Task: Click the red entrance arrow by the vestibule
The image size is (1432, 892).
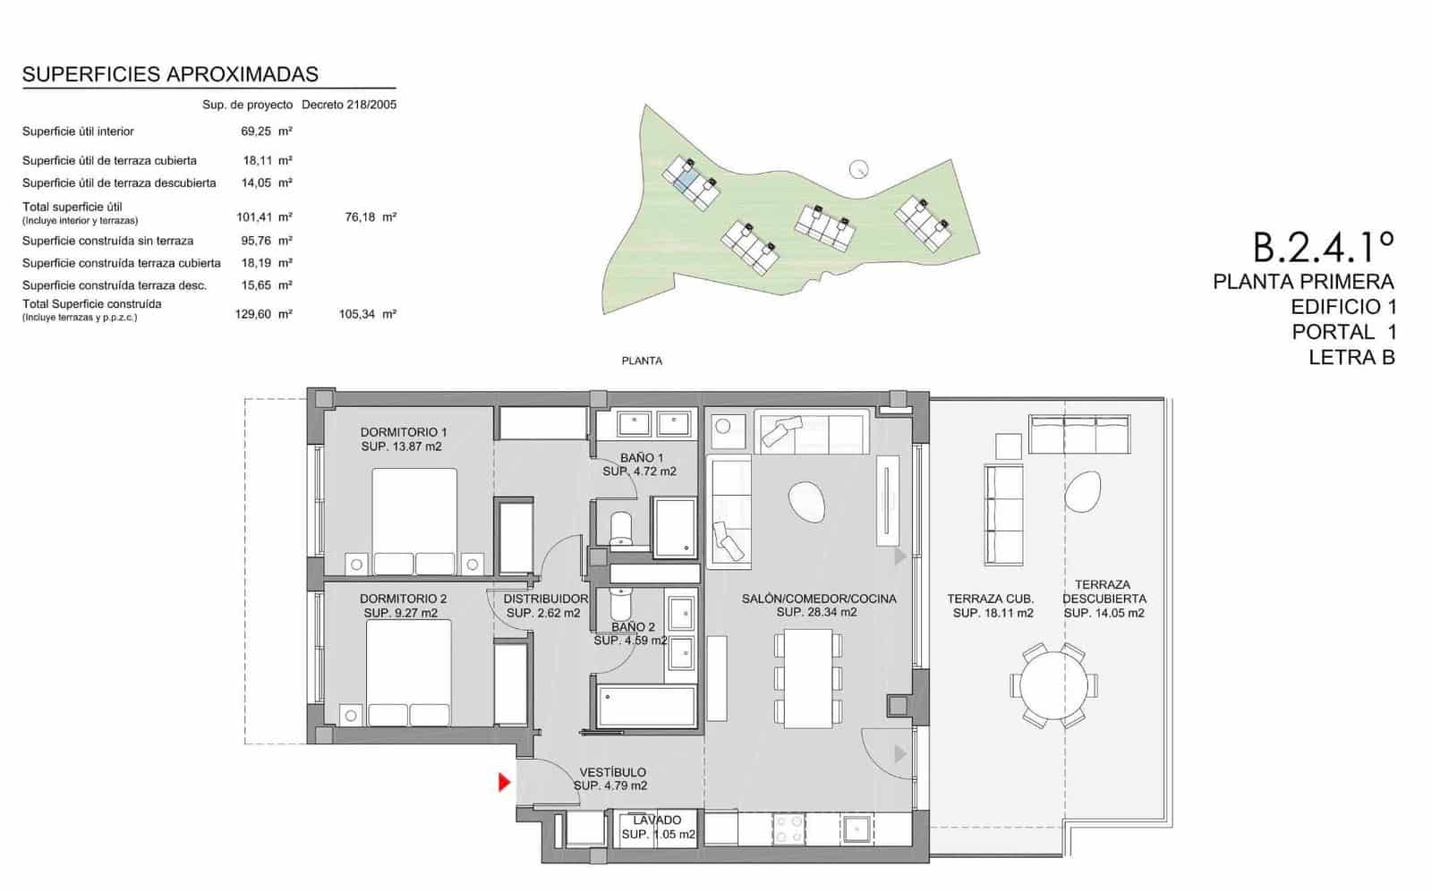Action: pyautogui.click(x=505, y=782)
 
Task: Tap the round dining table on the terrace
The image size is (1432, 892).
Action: pyautogui.click(x=1053, y=685)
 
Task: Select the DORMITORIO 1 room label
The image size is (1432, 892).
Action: pyautogui.click(x=404, y=433)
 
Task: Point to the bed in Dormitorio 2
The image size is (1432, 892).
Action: pyautogui.click(x=408, y=673)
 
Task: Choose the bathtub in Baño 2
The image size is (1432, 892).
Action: pyautogui.click(x=645, y=707)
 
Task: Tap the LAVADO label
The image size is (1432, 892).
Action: pyautogui.click(x=657, y=820)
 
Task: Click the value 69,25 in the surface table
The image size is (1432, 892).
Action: pyautogui.click(x=256, y=132)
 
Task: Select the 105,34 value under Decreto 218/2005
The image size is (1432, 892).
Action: pyautogui.click(x=357, y=314)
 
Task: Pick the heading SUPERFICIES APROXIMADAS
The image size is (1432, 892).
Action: pyautogui.click(x=170, y=75)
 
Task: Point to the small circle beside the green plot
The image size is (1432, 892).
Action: pyautogui.click(x=858, y=169)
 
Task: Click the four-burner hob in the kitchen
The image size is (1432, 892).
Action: pyautogui.click(x=788, y=828)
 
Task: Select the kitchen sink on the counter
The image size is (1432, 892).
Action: pyautogui.click(x=856, y=829)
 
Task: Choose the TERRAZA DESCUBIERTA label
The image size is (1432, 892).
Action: pyautogui.click(x=1104, y=591)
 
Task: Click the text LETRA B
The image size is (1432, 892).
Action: pyautogui.click(x=1351, y=358)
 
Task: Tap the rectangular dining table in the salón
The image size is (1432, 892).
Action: pyautogui.click(x=808, y=678)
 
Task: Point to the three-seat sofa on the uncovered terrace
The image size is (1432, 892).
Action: pyautogui.click(x=1079, y=435)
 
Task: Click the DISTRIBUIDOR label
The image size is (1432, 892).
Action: pyautogui.click(x=545, y=599)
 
